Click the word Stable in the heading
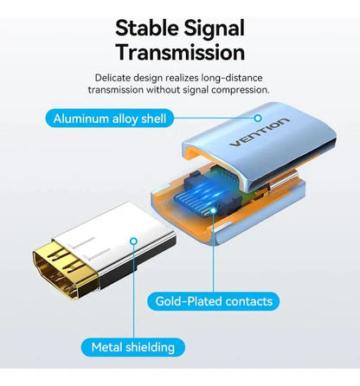[146, 29]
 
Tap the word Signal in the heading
[215, 29]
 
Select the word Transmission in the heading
[181, 52]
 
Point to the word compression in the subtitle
[240, 90]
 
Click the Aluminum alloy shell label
[110, 119]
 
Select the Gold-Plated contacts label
[214, 301]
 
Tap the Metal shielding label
[133, 347]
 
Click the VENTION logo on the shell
[259, 132]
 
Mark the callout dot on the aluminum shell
[258, 118]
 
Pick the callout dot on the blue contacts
[213, 210]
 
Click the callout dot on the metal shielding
[133, 241]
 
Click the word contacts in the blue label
[249, 301]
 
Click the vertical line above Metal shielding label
[133, 292]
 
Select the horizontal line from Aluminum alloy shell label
[215, 118]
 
